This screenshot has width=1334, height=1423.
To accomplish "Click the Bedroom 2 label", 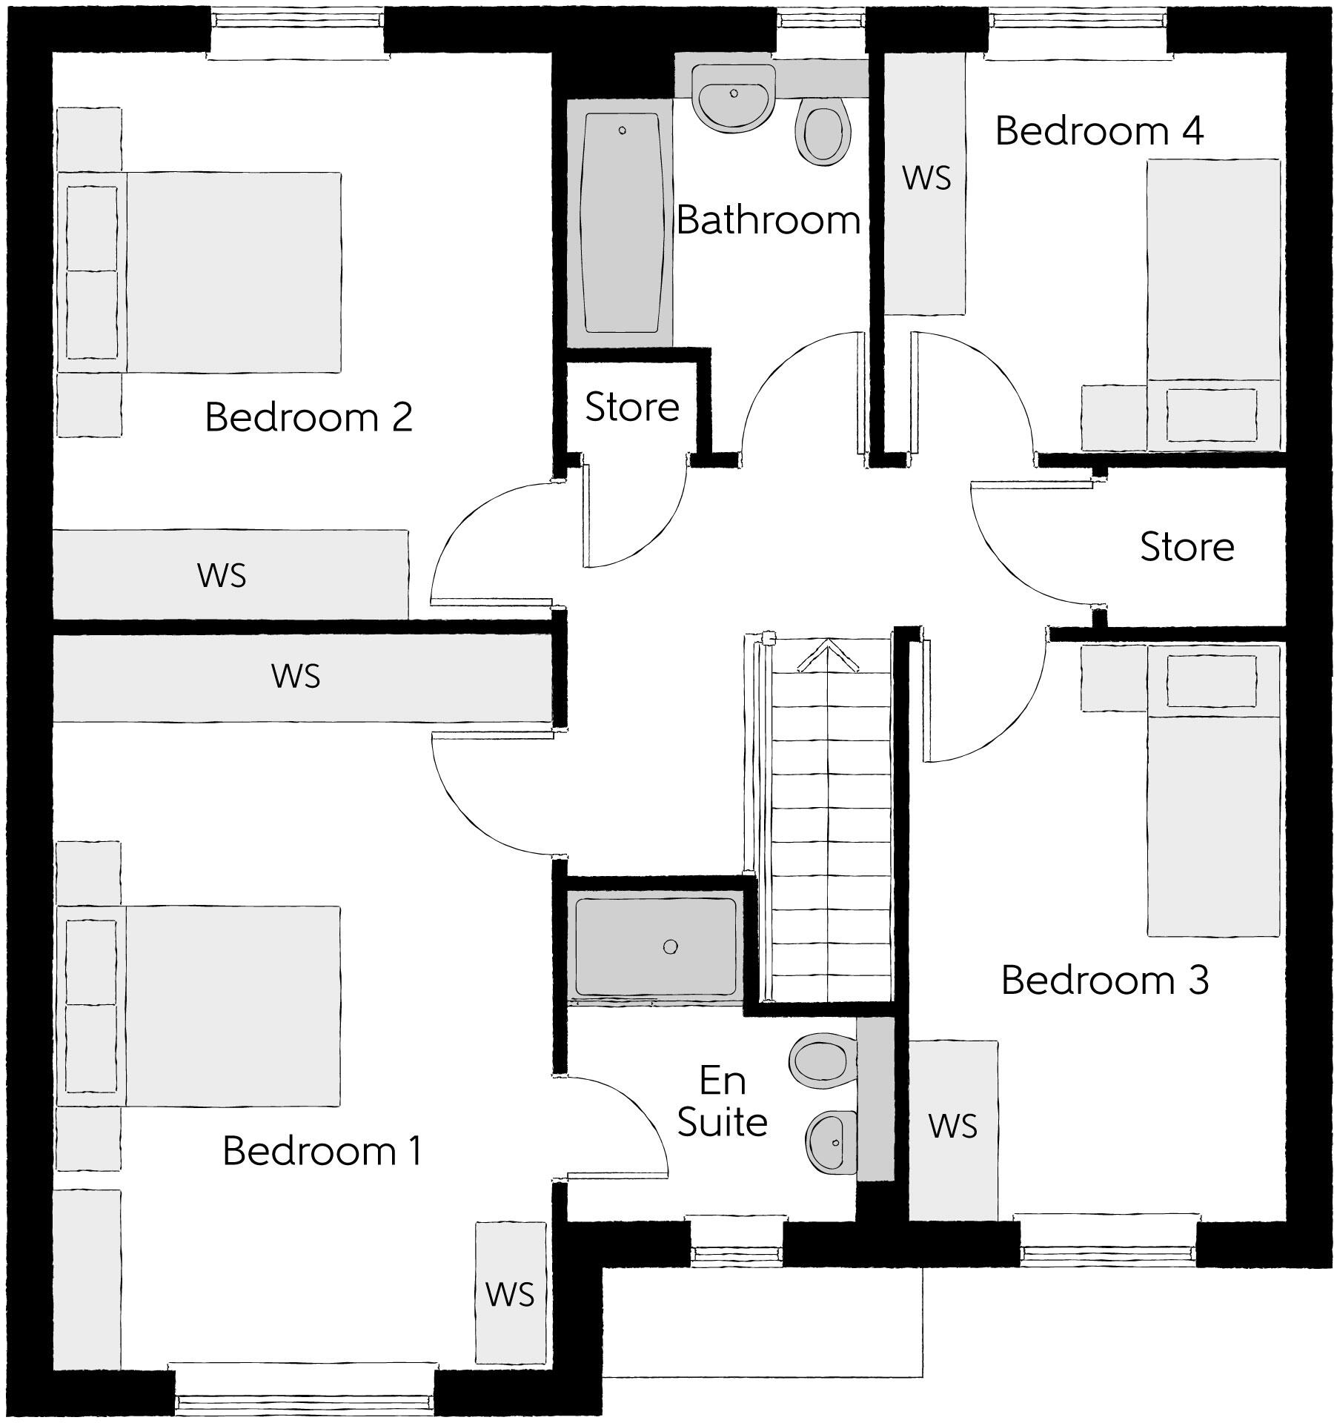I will pos(308,417).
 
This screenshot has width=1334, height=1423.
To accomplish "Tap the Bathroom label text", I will pos(768,220).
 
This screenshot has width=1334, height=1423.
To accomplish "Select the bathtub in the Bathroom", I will pos(621,222).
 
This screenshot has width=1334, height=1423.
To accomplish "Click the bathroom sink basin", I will pos(733,104).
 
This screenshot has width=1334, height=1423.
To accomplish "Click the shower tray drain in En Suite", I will pos(670,946).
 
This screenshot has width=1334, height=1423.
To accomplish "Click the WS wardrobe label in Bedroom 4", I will pos(926,179).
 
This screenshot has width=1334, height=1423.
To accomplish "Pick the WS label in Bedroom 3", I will pos(953,1127).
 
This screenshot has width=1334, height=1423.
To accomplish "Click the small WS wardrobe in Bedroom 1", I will pos(511,1294).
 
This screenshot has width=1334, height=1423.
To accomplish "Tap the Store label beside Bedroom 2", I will pos(632,408).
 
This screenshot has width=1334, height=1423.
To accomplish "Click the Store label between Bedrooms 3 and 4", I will pos(1187,547).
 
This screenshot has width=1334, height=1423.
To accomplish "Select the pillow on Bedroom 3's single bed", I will pos(1212,681).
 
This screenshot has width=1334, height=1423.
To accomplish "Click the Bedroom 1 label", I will pos(322,1151).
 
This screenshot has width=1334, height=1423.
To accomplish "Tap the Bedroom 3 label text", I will pos(1104,980).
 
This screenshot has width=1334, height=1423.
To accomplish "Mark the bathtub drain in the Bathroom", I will pos(623,130).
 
